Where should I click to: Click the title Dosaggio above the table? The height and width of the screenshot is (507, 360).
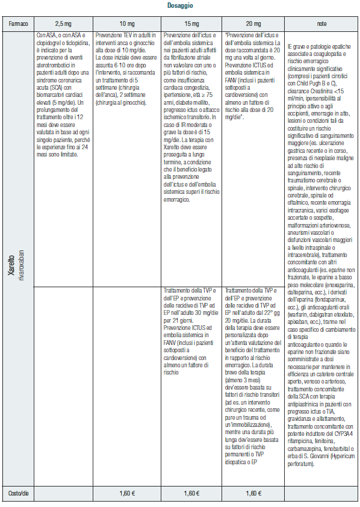[x=179, y=6]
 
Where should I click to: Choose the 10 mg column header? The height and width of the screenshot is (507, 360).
[x=127, y=24]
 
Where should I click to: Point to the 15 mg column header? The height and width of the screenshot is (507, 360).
[x=191, y=24]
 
